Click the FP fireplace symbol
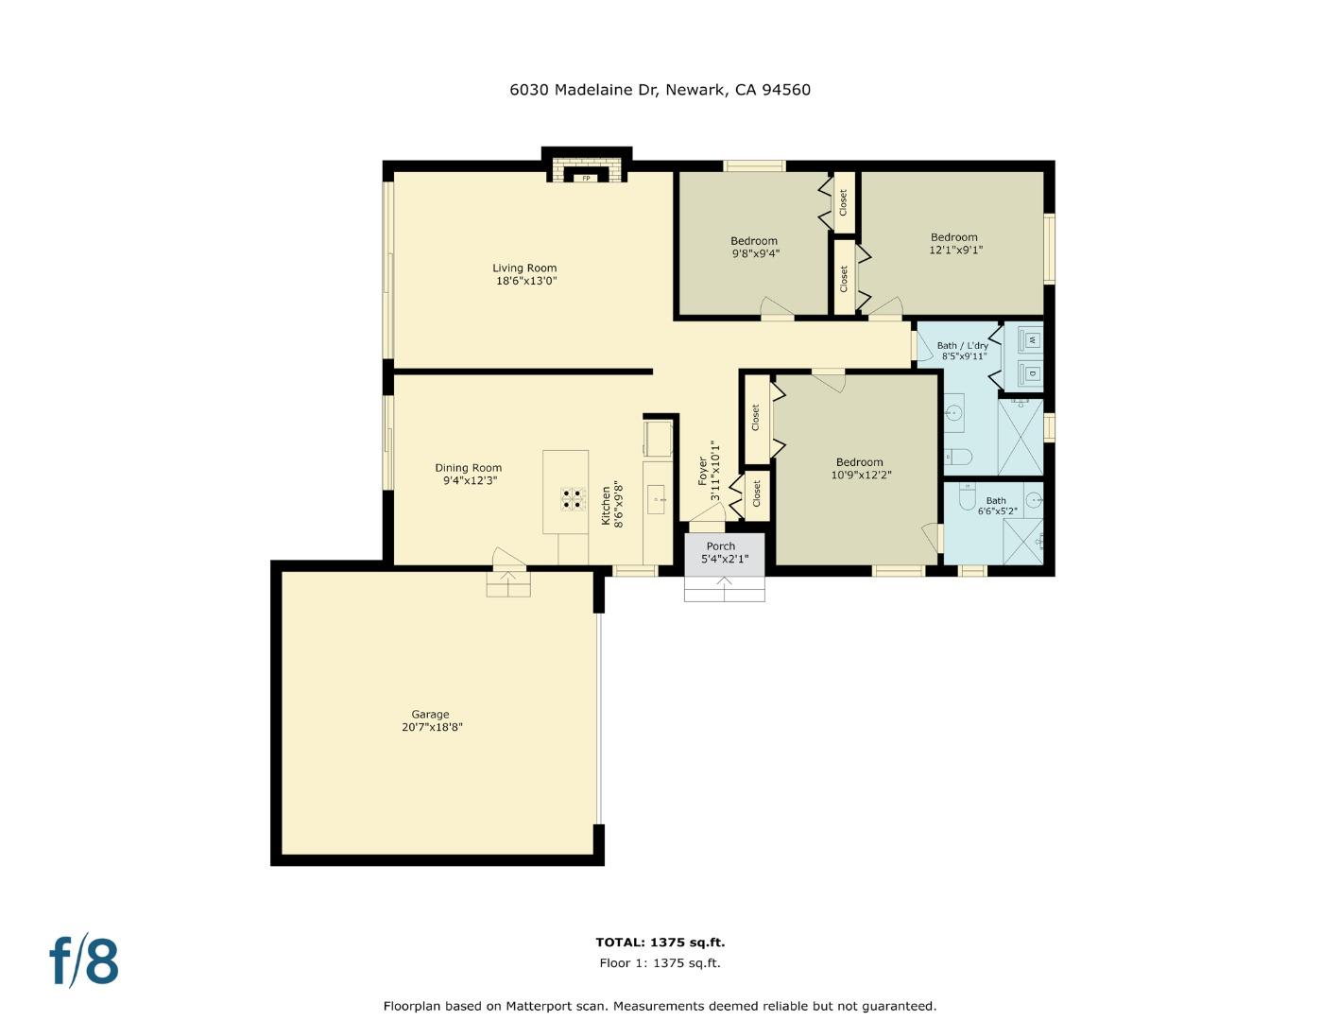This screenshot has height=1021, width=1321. point(586,178)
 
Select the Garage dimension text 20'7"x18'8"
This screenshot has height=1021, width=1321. point(431,727)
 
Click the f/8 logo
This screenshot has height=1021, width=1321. point(84,961)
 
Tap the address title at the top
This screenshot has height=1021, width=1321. point(660,90)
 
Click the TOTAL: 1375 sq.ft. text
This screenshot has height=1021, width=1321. point(660,943)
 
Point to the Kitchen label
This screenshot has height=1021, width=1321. point(607,506)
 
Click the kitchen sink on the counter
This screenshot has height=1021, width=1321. point(656,498)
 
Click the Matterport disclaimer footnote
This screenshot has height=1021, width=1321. point(660,1006)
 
